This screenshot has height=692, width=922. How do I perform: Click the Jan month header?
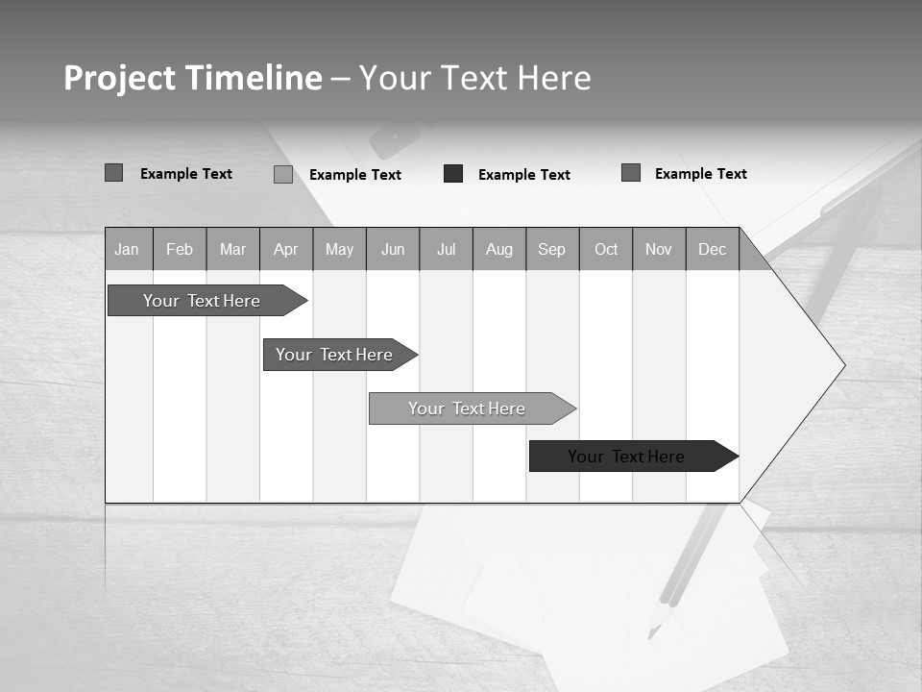pos(127,249)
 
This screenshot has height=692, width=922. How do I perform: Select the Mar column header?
pos(232,249)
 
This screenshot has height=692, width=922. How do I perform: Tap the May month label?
pos(339,249)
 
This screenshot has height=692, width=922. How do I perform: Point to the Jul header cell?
pos(446,249)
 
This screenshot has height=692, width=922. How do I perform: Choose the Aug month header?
pos(498,249)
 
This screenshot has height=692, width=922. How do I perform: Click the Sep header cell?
pos(551,249)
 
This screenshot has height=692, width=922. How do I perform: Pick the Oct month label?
pos(606,249)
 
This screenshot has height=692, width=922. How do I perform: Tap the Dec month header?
pos(712,249)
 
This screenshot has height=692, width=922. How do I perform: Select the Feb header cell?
pos(180,249)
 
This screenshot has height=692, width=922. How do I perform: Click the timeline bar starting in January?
pos(202,301)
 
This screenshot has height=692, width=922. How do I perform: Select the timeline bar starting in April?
pos(334,355)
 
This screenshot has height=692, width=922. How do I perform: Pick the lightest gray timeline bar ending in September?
pos(467,408)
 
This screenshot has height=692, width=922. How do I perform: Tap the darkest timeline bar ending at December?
pos(626,457)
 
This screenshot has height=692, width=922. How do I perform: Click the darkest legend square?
pos(453,174)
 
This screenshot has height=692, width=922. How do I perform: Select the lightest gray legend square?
pos(283,174)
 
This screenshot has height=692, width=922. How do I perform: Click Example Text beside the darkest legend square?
pos(523,174)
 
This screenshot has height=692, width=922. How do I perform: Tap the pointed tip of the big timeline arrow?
pos(843,365)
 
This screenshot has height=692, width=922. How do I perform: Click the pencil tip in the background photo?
pos(652,633)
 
